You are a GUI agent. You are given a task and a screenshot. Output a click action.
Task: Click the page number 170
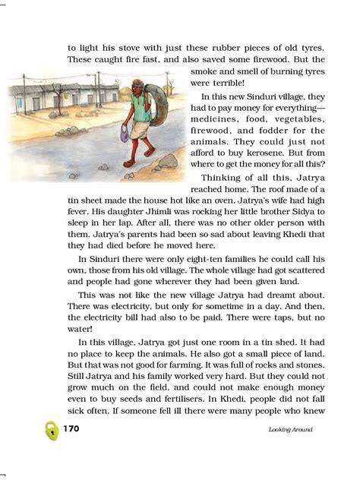71,429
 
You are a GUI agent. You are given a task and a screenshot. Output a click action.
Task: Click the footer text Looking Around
292,430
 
